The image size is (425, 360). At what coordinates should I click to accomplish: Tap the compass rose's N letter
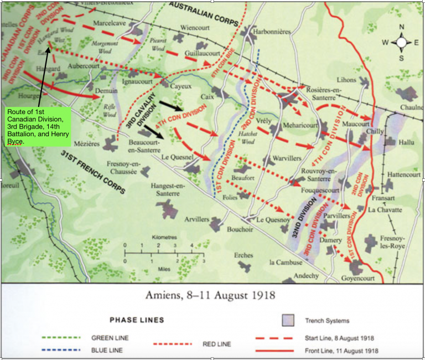coord(402,27)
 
